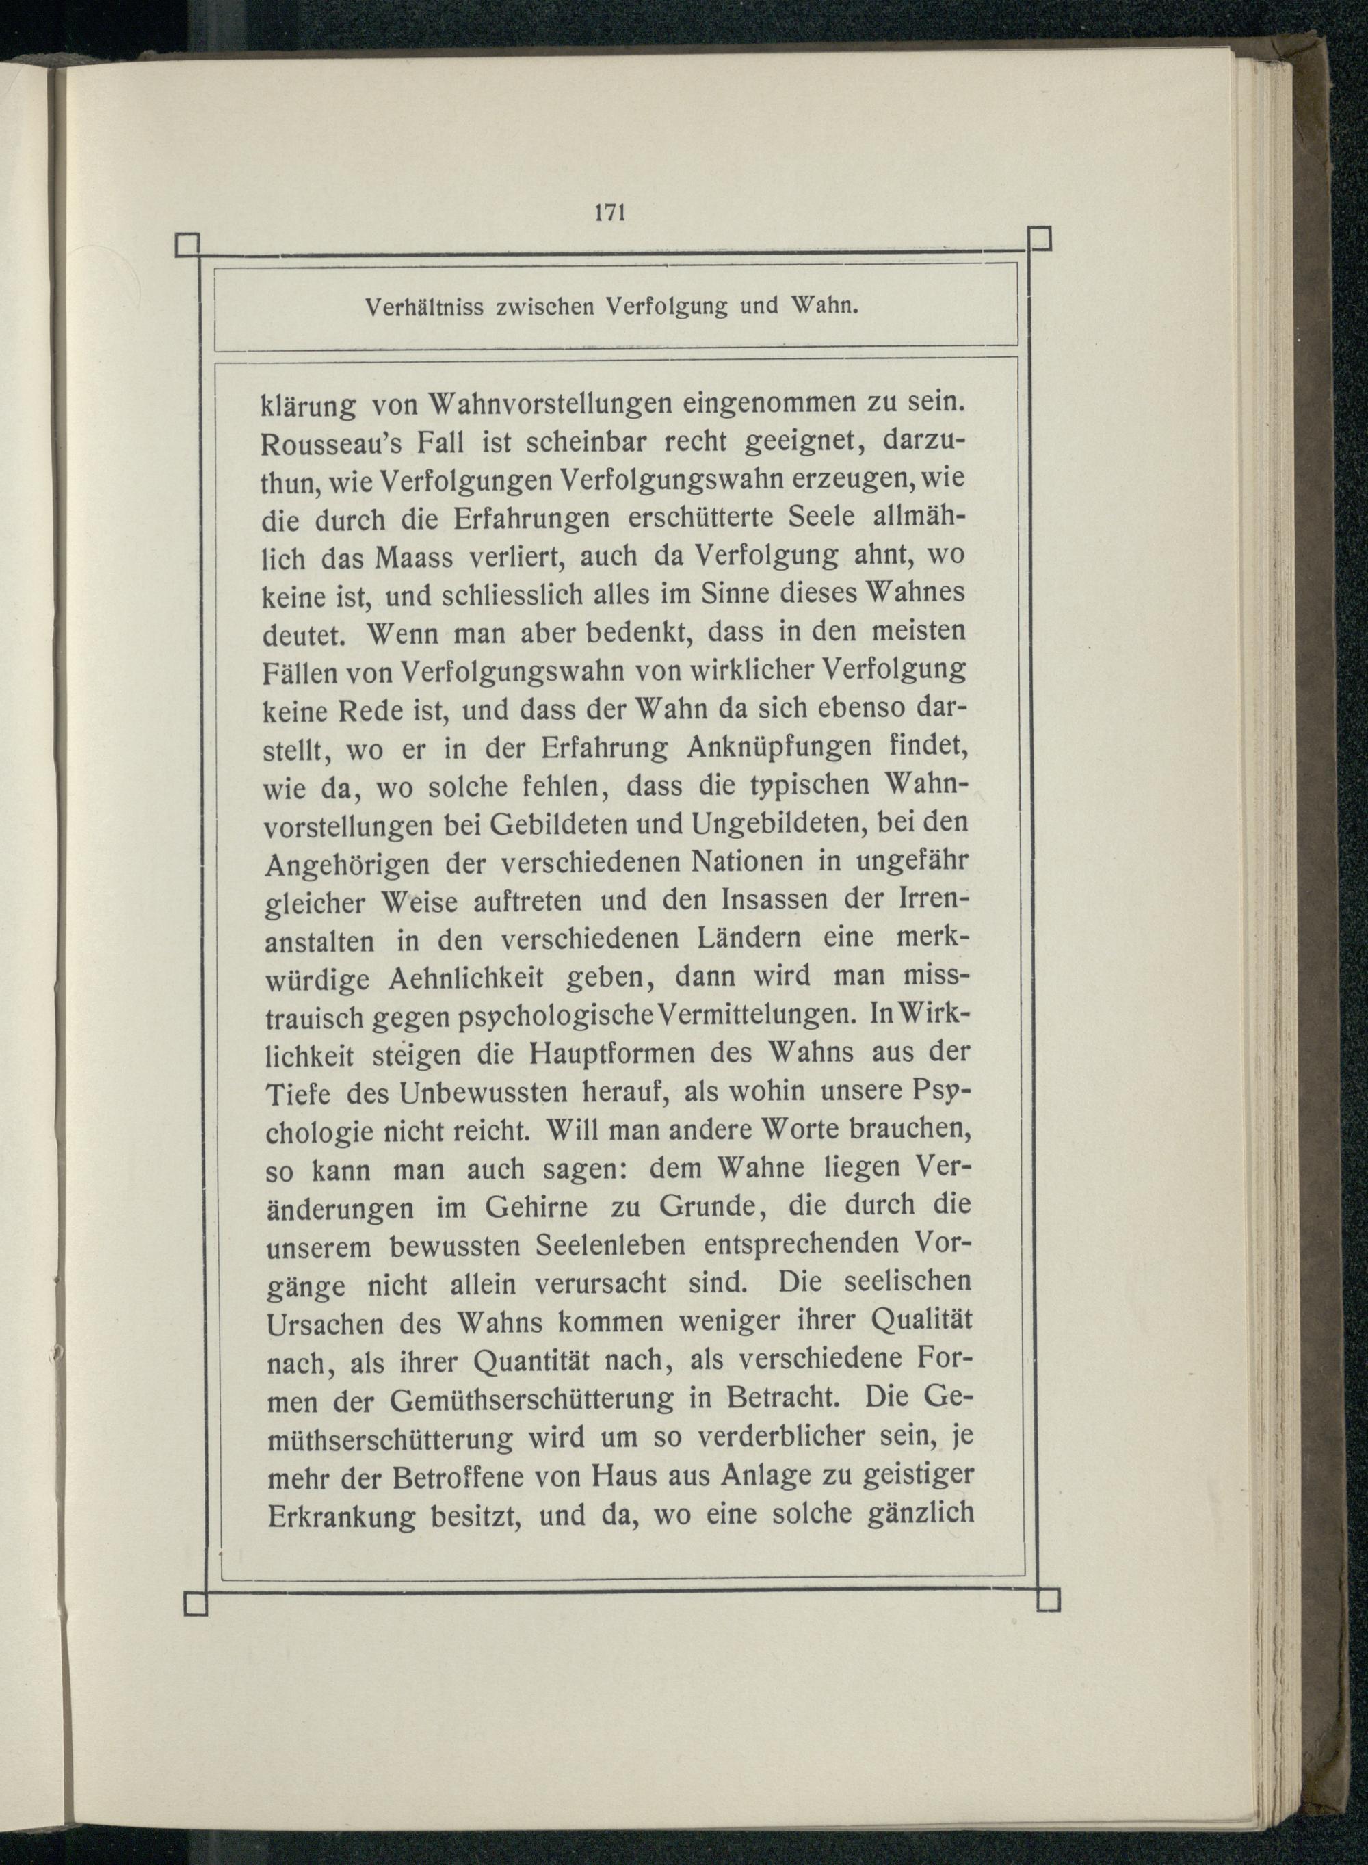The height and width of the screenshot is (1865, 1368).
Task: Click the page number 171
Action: click(609, 212)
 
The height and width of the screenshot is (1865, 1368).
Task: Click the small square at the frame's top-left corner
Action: click(189, 245)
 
